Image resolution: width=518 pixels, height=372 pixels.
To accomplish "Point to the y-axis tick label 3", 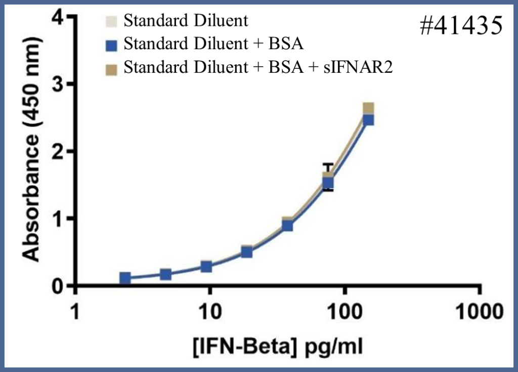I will click(x=60, y=84).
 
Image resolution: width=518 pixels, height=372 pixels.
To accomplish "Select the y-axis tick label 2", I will click(x=60, y=151).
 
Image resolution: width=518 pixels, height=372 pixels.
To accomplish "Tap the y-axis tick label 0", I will click(x=60, y=286).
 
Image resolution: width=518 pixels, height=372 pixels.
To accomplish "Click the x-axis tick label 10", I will click(x=209, y=310).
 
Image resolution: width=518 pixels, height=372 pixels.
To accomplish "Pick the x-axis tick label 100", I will click(x=344, y=310).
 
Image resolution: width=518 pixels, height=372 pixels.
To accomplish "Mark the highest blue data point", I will click(x=368, y=119).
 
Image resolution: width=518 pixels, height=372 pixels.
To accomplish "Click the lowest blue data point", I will click(x=125, y=278).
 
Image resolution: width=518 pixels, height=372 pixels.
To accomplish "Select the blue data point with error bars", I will click(x=328, y=183).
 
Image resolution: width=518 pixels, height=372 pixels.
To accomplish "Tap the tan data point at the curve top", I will click(x=368, y=108).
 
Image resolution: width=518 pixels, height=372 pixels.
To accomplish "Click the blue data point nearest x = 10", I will click(x=206, y=266).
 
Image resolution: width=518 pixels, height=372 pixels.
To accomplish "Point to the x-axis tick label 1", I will click(x=75, y=310).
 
